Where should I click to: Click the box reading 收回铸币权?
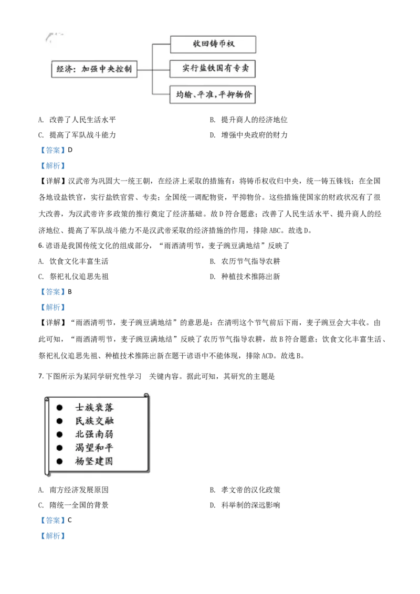pyautogui.click(x=213, y=45)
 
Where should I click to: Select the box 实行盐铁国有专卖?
pyautogui.click(x=213, y=69)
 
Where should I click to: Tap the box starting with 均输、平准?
pyautogui.click(x=213, y=94)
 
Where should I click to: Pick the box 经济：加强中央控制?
pyautogui.click(x=94, y=69)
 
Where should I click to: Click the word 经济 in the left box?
pyautogui.click(x=64, y=69)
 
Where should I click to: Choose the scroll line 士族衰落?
pyautogui.click(x=94, y=407)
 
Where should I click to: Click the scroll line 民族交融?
pyautogui.click(x=94, y=421)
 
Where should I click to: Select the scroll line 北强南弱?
pyautogui.click(x=94, y=434)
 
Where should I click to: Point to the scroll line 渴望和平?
pyautogui.click(x=94, y=448)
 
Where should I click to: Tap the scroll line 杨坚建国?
pyautogui.click(x=94, y=462)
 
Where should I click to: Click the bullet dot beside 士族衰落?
pyautogui.click(x=59, y=407)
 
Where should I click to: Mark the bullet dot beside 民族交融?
pyautogui.click(x=59, y=421)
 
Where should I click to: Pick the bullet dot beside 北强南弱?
pyautogui.click(x=59, y=434)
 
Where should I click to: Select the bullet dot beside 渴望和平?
pyautogui.click(x=59, y=448)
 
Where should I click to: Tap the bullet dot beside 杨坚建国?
pyautogui.click(x=59, y=462)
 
